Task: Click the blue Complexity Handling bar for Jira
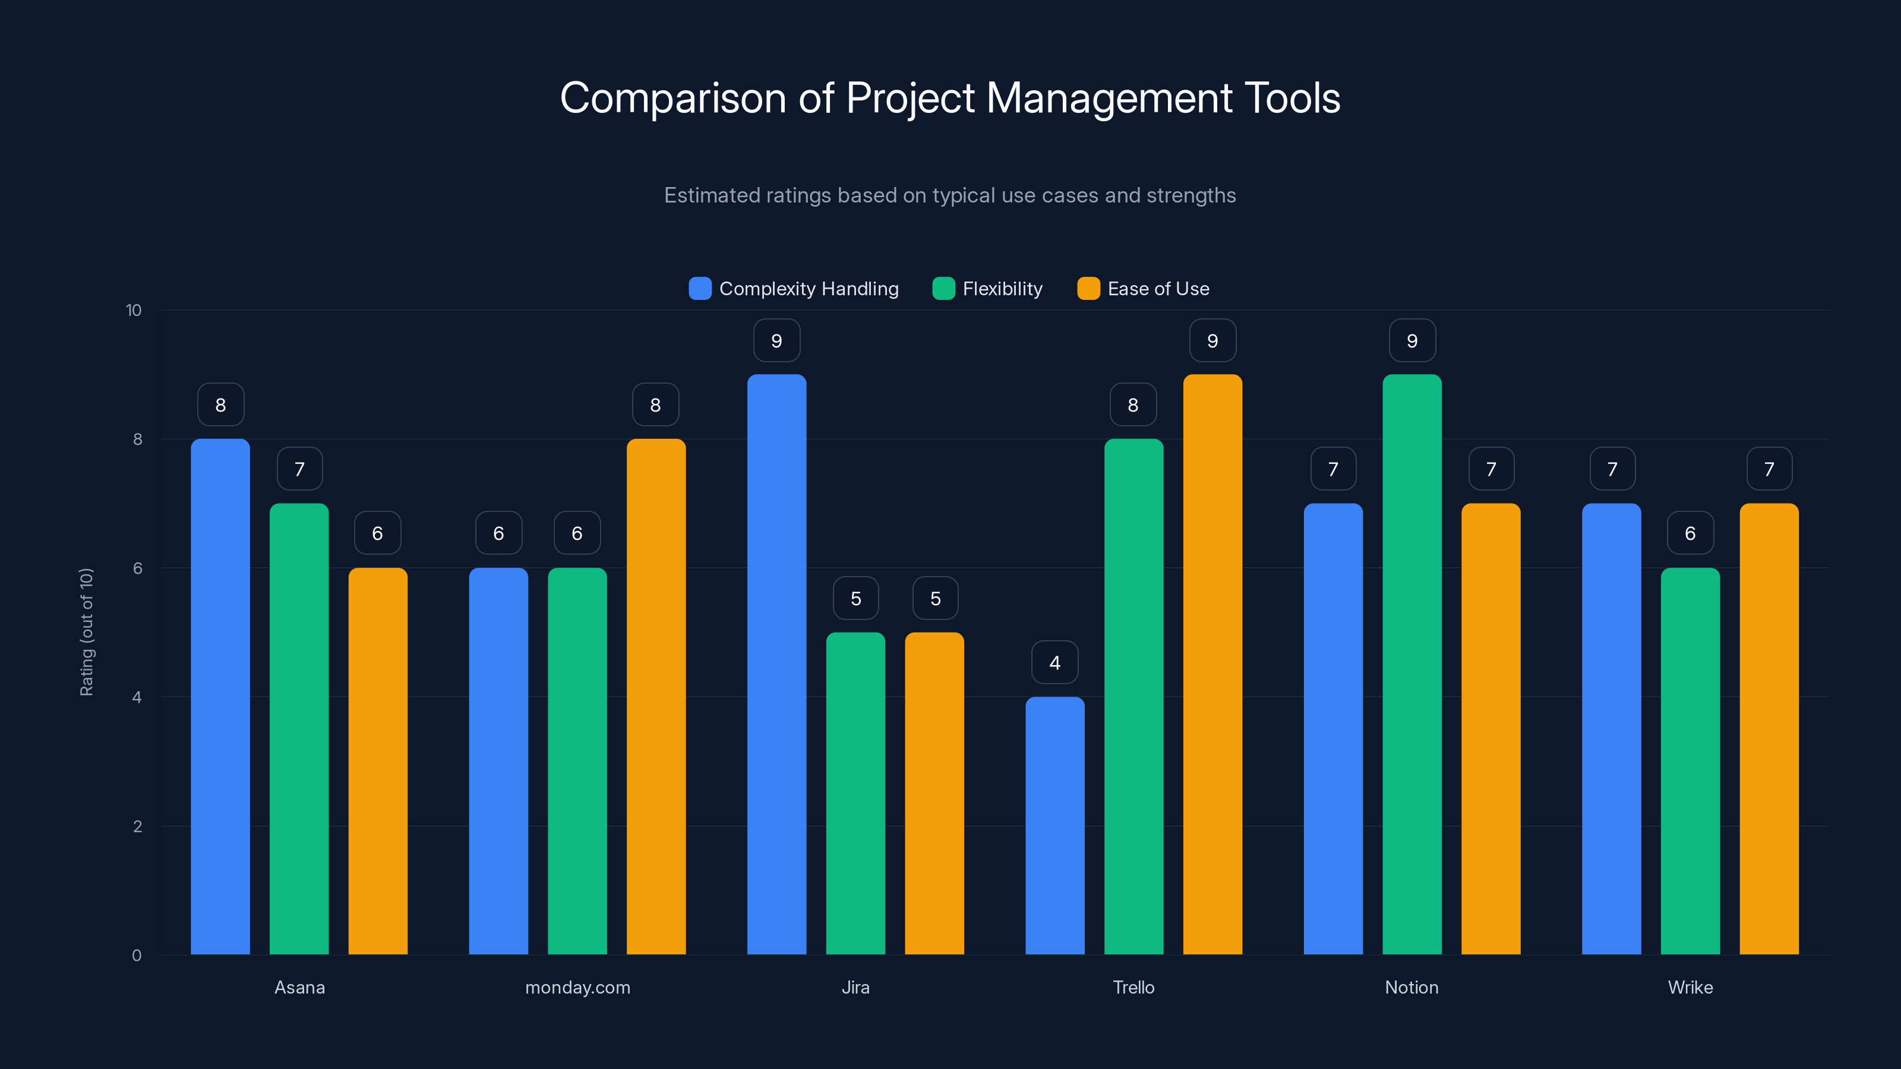[776, 664]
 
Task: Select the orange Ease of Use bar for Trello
[1212, 664]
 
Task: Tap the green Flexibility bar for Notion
[1411, 664]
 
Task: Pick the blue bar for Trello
[1054, 826]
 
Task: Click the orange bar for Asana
[378, 760]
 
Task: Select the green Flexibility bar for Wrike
[1690, 760]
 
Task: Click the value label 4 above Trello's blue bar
[1054, 663]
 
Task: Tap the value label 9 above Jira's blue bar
[776, 341]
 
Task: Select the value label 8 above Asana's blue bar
[220, 405]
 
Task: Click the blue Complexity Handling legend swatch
[700, 289]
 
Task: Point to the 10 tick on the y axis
[134, 310]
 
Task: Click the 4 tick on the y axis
[137, 697]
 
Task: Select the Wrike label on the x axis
[1690, 987]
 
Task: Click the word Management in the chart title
[1109, 98]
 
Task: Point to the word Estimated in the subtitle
[712, 195]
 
